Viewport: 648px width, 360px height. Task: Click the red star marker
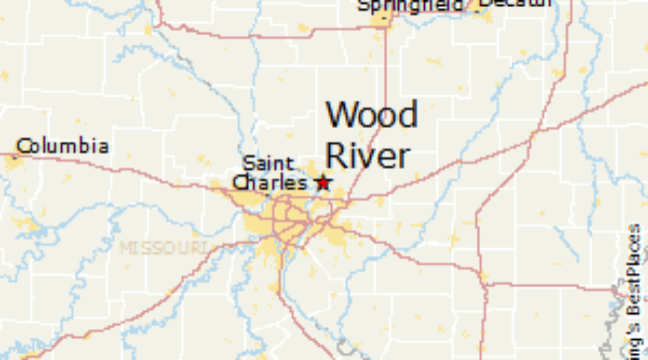pos(323,183)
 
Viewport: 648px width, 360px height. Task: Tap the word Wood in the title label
pos(372,115)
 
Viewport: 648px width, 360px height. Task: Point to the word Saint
pos(268,163)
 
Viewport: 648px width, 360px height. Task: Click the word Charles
pos(270,183)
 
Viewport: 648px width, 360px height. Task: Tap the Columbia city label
pos(63,147)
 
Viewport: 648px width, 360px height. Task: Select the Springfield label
pos(410,6)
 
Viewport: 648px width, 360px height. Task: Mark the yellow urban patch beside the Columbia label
pos(13,163)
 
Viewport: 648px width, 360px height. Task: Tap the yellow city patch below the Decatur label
pos(487,16)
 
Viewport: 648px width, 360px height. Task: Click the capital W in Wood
pos(341,115)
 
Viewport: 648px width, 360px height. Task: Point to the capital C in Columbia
pos(25,147)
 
